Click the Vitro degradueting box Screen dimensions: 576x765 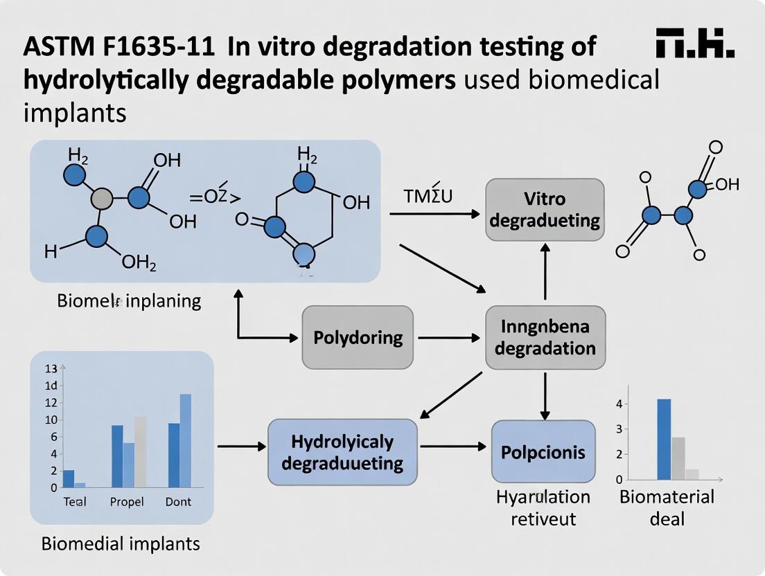544,210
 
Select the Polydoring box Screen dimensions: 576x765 358,337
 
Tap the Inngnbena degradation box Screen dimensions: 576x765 545,337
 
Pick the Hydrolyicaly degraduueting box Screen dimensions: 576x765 342,451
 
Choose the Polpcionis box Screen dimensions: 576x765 543,451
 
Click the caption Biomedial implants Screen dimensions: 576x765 121,543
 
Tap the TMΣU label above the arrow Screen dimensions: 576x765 428,196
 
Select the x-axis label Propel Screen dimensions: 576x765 127,501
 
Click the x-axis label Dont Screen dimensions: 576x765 178,501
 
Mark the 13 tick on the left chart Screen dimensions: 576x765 51,368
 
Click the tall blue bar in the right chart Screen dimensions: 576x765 664,439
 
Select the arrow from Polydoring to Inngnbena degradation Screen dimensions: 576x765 449,338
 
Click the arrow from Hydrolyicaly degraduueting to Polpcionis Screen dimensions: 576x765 454,447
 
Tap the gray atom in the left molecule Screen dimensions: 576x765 102,199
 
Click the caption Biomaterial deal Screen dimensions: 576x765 667,507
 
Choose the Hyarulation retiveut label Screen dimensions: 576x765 543,507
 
